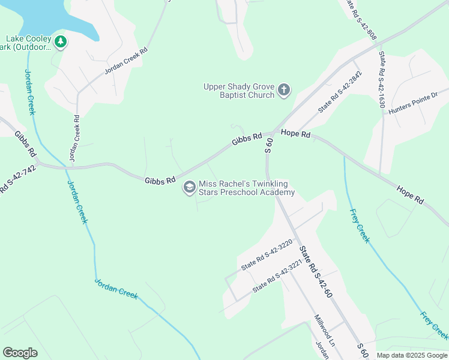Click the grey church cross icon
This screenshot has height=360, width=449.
pyautogui.click(x=284, y=91)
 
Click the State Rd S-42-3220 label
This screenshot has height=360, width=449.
pyautogui.click(x=267, y=255)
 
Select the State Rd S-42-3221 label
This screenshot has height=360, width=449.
pyautogui.click(x=276, y=280)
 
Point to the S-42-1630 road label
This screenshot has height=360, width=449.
pyautogui.click(x=381, y=79)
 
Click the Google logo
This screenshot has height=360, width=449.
pyautogui.click(x=20, y=353)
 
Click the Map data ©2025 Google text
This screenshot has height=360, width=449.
pyautogui.click(x=412, y=355)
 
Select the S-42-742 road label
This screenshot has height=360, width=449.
pyautogui.click(x=11, y=179)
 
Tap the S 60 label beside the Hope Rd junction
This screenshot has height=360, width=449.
pyautogui.click(x=270, y=145)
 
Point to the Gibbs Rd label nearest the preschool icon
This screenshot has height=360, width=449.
pyautogui.click(x=160, y=179)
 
